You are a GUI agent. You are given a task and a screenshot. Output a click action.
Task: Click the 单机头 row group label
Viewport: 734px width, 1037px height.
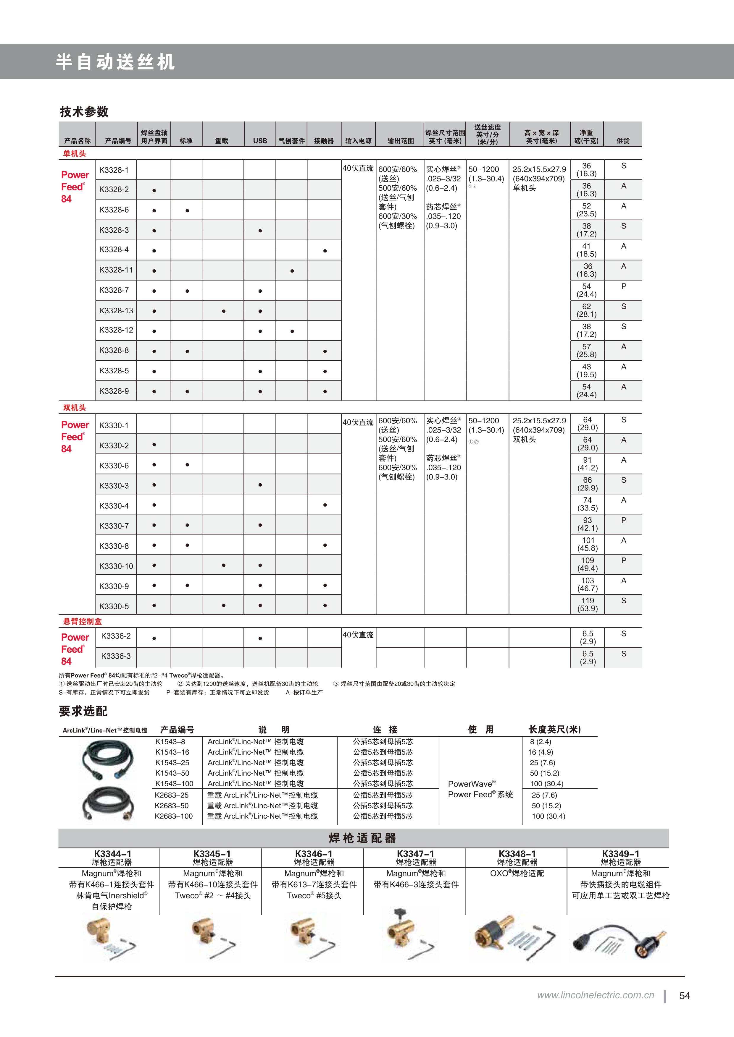[x=75, y=153]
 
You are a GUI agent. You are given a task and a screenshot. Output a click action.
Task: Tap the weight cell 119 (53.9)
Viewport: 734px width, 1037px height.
[x=588, y=604]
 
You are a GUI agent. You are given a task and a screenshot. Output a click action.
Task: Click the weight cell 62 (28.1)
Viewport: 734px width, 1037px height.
[x=587, y=310]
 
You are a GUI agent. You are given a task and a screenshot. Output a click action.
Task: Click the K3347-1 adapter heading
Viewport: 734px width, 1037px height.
[x=415, y=854]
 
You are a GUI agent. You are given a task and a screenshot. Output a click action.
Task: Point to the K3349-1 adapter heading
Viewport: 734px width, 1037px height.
[x=621, y=854]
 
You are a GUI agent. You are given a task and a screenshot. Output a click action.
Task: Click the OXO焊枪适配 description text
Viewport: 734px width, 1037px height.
[x=517, y=874]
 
